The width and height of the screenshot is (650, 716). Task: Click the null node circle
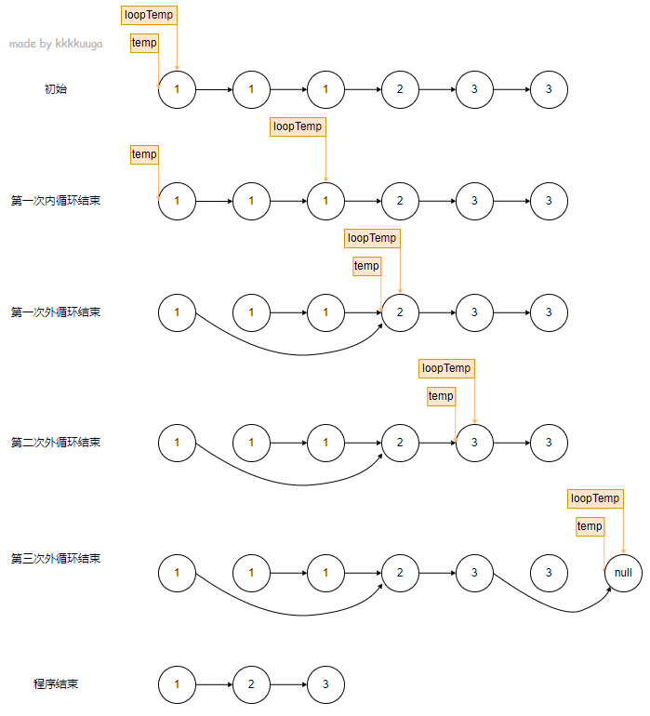[623, 573]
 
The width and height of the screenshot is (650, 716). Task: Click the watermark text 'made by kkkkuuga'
[56, 44]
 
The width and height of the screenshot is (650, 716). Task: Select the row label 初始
[56, 89]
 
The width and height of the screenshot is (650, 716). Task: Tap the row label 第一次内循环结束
[56, 201]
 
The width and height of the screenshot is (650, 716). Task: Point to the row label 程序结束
[56, 684]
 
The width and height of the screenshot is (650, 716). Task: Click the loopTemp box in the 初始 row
[149, 15]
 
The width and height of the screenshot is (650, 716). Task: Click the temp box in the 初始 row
[144, 43]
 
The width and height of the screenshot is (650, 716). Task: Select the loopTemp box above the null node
[595, 498]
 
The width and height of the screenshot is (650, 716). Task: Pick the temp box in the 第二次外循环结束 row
[441, 396]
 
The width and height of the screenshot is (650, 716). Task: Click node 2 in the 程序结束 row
[251, 684]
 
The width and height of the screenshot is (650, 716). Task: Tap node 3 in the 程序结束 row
[325, 684]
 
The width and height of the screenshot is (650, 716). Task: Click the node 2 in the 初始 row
[400, 89]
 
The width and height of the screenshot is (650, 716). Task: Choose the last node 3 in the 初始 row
[549, 89]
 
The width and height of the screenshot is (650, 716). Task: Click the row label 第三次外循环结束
[56, 559]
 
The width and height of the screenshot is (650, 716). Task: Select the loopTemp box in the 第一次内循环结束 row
[298, 126]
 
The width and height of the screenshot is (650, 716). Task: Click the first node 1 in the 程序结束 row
[177, 684]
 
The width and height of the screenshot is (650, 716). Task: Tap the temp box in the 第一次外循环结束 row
[366, 266]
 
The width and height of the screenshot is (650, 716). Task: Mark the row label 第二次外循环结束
[56, 443]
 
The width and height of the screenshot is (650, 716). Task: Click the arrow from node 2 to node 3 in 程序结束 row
[288, 684]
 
